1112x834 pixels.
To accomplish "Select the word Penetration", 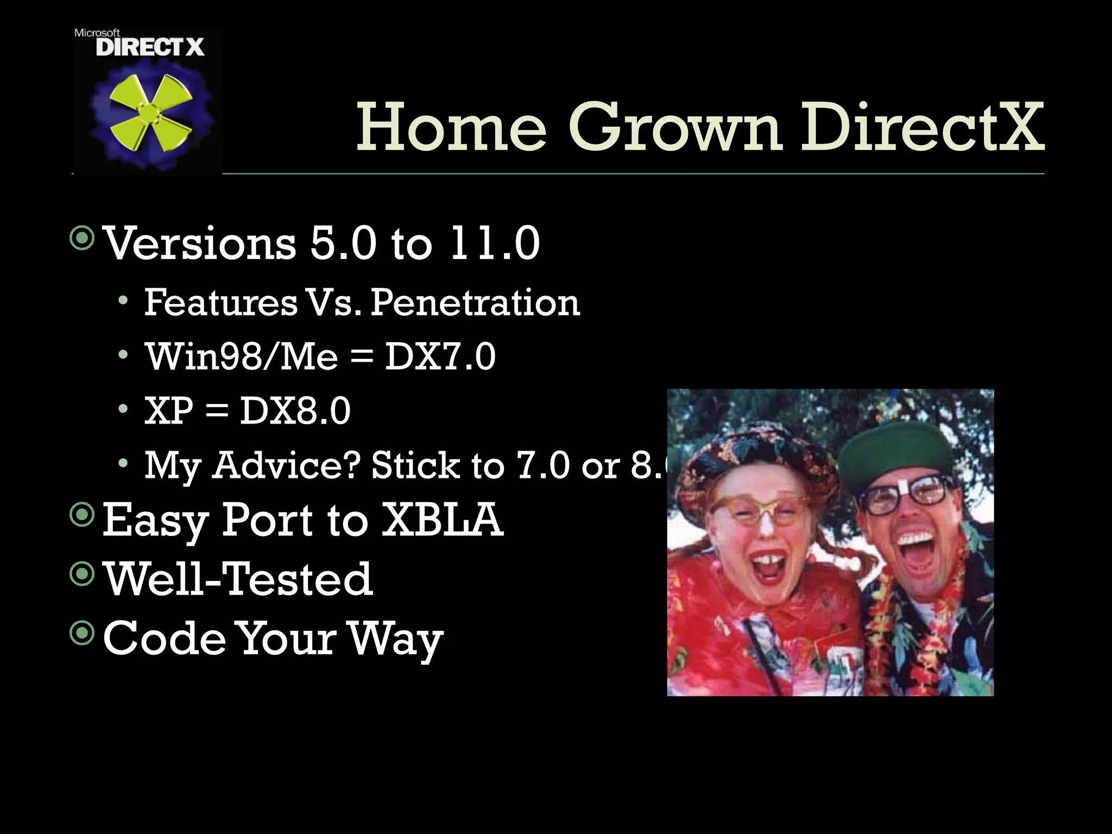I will pos(475,302).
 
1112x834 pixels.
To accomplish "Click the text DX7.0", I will pos(440,357).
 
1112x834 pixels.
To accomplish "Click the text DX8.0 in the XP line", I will pos(295,411).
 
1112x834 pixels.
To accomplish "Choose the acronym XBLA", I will pos(442,520).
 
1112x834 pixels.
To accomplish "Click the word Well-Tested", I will pos(238,579).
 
